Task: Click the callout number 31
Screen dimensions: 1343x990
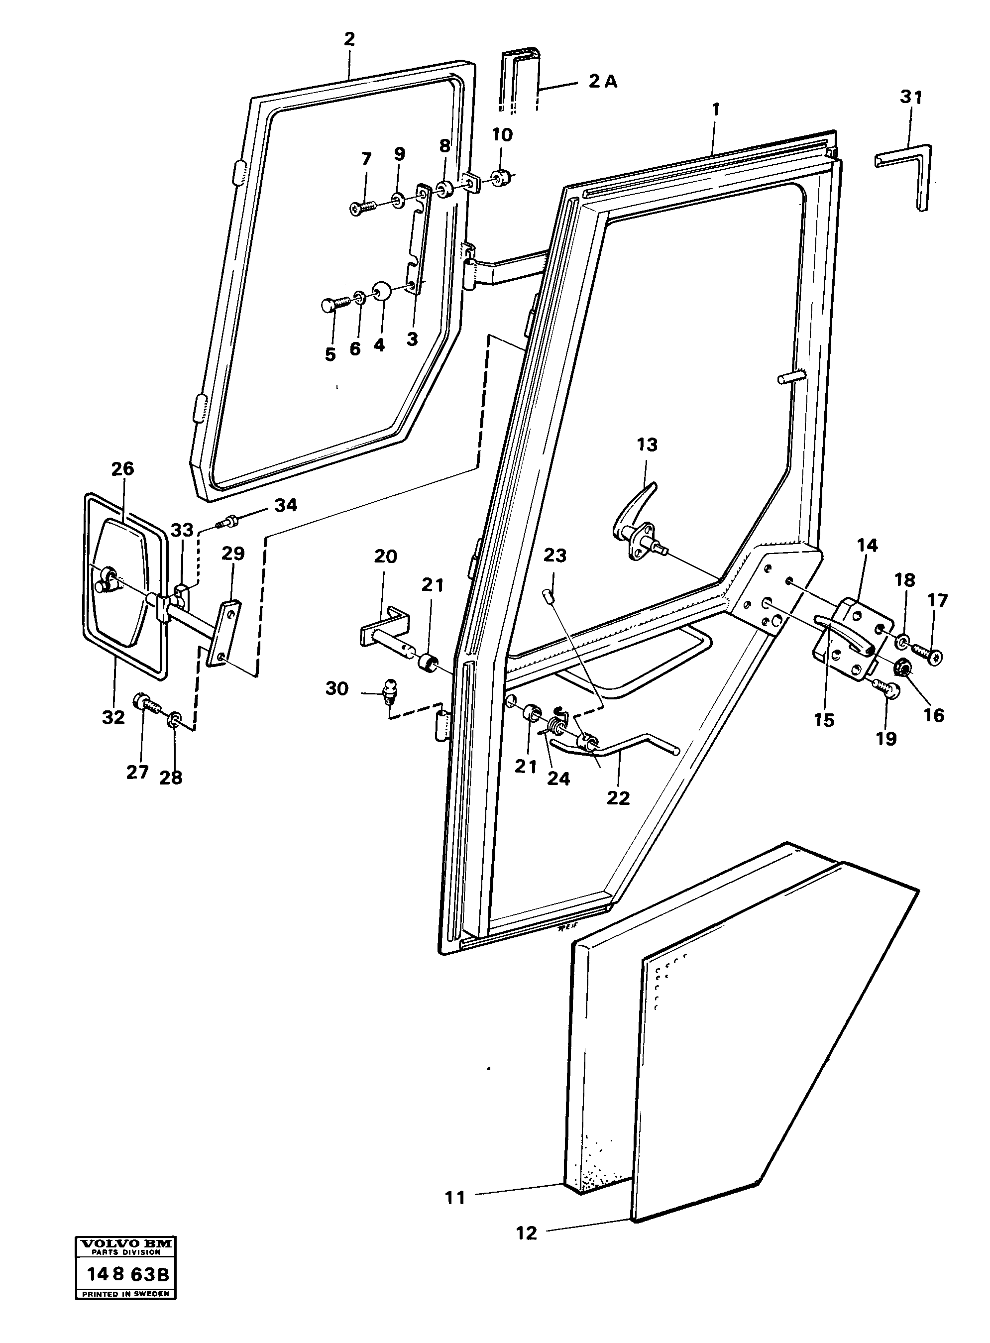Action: [x=911, y=97]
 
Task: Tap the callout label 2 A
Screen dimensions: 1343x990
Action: [x=602, y=82]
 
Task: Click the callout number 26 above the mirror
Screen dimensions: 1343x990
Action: [x=123, y=468]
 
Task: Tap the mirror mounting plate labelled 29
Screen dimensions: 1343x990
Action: [x=223, y=633]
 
